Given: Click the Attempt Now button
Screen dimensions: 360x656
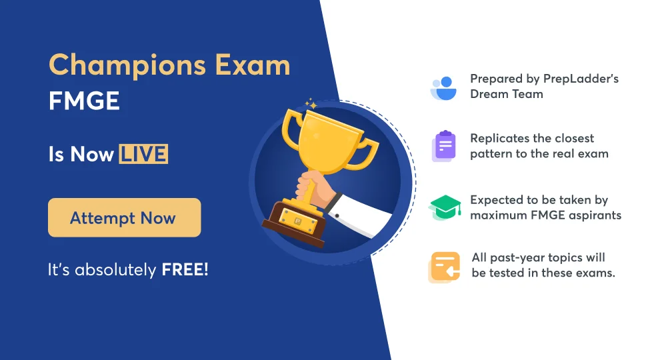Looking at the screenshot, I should tap(124, 217).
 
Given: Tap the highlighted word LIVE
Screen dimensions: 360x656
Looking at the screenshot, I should tap(143, 154).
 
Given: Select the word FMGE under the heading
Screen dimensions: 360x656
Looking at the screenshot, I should tap(84, 101).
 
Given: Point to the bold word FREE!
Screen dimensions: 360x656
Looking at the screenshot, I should tap(185, 271).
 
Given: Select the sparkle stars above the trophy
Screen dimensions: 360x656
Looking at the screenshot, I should tap(310, 104).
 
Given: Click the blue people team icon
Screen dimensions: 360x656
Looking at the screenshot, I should tap(443, 87).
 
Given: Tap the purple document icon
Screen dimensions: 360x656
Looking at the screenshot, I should tap(443, 147).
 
